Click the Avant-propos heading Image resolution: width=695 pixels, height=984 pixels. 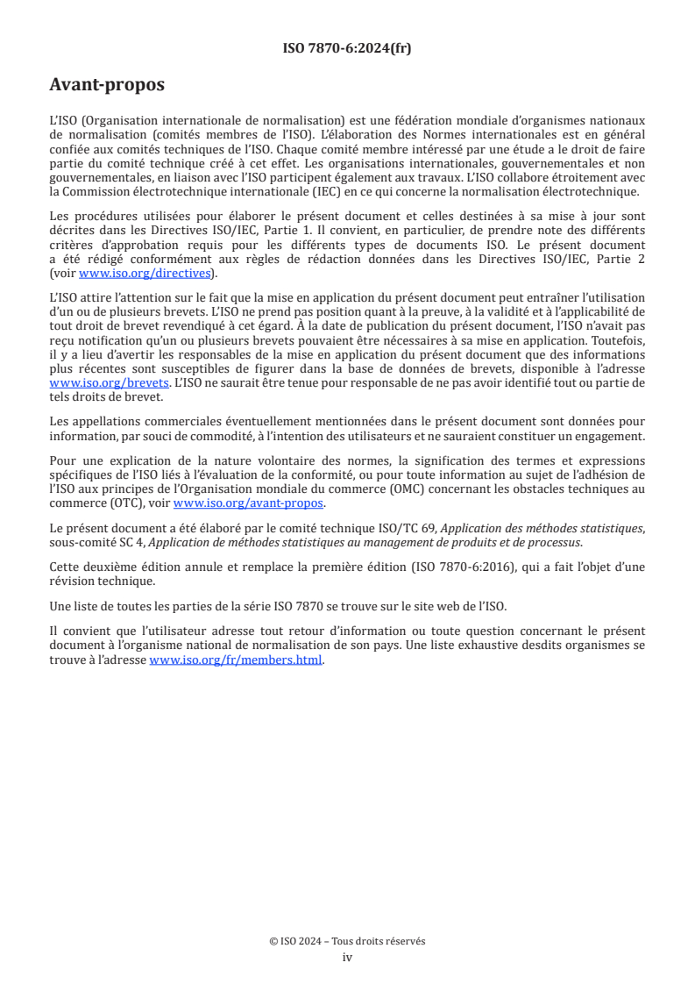(x=107, y=85)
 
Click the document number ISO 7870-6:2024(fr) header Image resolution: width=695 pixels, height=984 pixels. (x=347, y=48)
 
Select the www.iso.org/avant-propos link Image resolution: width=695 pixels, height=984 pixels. (x=249, y=503)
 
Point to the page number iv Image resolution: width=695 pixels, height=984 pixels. (x=347, y=957)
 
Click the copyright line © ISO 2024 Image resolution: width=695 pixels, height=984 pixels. (x=347, y=941)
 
